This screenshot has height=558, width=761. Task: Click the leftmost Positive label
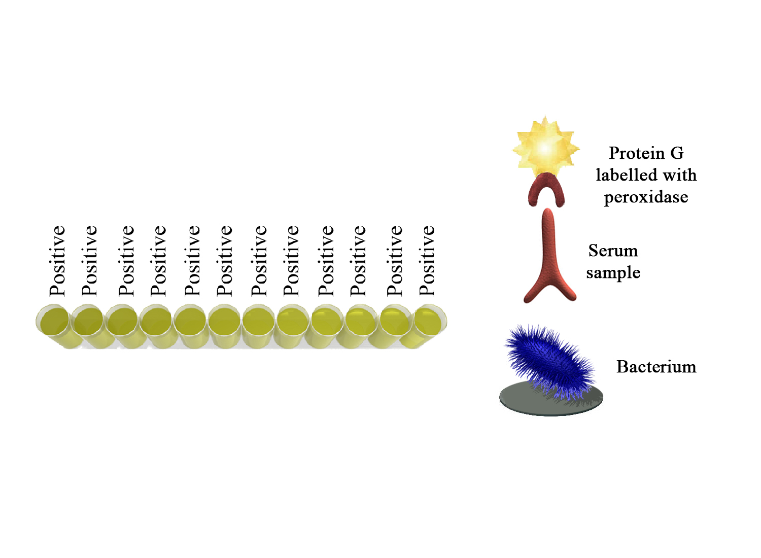[x=57, y=261]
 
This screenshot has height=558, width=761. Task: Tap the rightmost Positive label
[x=427, y=261]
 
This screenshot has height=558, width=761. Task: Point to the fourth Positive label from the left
[x=158, y=261]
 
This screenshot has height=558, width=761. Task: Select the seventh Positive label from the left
[x=259, y=261]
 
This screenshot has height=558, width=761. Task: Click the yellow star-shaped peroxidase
[x=545, y=148]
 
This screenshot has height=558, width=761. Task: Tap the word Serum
[x=613, y=251]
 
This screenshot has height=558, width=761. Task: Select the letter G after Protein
[x=677, y=153]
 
